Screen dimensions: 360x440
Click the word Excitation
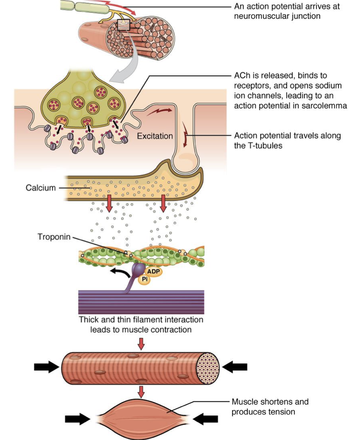pos(155,136)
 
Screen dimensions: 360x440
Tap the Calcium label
pos(41,188)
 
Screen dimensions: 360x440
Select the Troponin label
pos(54,237)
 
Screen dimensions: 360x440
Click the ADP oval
pos(153,272)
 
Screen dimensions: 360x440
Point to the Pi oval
pos(145,279)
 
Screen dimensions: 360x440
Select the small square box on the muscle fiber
pos(124,25)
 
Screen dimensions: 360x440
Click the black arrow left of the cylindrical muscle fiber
pos(47,367)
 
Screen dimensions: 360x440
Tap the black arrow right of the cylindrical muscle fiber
pos(235,367)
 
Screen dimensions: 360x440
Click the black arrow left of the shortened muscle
pos(78,419)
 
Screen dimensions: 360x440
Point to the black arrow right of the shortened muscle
pos(205,419)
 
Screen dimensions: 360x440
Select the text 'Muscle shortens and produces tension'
pos(270,407)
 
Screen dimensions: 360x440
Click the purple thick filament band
pos(141,302)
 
